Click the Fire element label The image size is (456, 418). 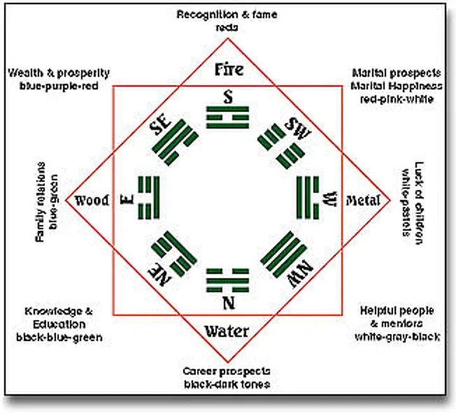(228, 69)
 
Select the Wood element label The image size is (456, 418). (92, 201)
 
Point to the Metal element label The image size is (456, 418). (364, 201)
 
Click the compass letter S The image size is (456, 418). (228, 97)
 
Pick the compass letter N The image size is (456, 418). (228, 303)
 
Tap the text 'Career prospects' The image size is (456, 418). (227, 371)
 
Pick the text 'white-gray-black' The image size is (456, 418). (397, 336)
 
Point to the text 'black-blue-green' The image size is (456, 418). (60, 337)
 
